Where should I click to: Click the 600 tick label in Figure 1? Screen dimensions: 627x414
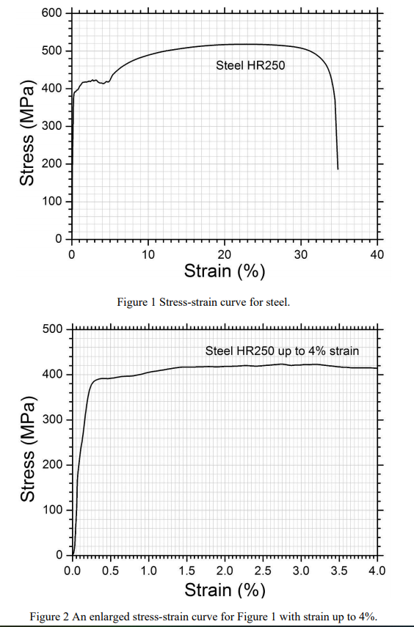[53, 13]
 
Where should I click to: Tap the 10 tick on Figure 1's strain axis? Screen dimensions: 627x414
[148, 254]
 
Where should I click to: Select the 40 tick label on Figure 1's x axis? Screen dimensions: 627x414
[378, 254]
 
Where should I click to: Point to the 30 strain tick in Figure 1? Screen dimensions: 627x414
[302, 254]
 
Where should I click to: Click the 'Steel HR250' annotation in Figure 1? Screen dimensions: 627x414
[250, 65]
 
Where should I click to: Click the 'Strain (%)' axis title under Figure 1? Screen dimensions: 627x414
[225, 272]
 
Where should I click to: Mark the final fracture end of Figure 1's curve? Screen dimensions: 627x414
[338, 169]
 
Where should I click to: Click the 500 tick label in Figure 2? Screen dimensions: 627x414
[53, 329]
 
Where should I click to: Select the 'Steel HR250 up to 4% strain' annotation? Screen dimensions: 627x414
[282, 351]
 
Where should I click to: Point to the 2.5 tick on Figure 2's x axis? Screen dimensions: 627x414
[264, 571]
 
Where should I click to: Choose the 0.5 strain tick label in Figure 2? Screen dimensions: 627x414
[111, 571]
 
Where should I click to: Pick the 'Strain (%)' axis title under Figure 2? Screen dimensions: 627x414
[225, 590]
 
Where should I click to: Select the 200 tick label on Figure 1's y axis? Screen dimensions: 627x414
[53, 164]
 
